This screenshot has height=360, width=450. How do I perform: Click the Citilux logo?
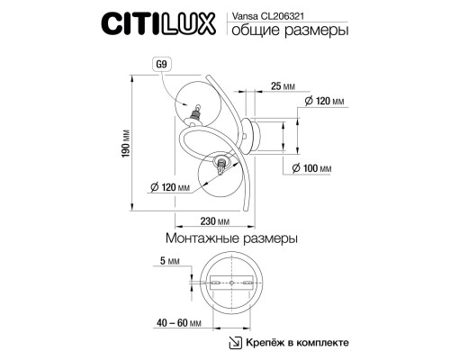point(158,23)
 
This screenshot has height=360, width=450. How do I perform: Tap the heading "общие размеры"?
point(290,31)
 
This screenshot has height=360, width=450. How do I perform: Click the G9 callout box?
point(162,65)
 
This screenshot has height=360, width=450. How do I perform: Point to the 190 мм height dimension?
point(126,143)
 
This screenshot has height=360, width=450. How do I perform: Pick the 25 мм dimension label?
point(283,86)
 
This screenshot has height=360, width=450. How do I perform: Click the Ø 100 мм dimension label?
point(312,168)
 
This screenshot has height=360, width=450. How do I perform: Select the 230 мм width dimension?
point(215,221)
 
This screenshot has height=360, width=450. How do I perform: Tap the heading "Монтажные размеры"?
point(231,238)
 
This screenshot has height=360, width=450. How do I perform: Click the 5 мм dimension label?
point(169,261)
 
